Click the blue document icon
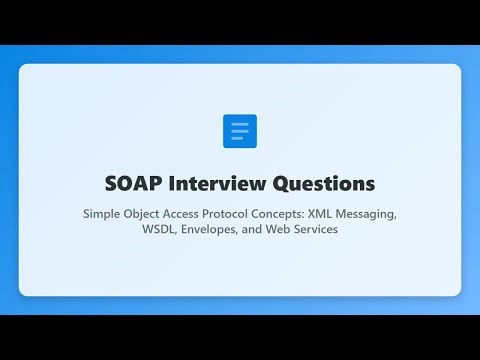pyautogui.click(x=240, y=131)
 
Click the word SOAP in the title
pyautogui.click(x=134, y=184)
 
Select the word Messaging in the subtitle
pyautogui.click(x=406, y=213)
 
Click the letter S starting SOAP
pyautogui.click(x=111, y=184)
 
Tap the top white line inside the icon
pyautogui.click(x=240, y=125)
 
